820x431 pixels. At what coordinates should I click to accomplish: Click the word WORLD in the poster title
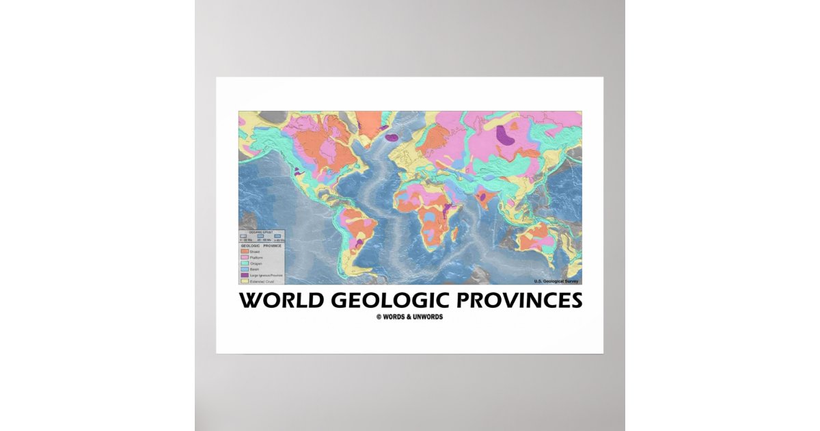point(277,300)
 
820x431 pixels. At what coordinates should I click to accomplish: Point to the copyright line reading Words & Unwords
point(409,317)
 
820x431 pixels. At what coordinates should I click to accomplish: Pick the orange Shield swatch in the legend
point(245,252)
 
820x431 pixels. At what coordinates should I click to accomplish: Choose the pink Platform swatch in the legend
point(245,258)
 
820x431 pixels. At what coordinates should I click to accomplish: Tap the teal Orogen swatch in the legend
point(245,263)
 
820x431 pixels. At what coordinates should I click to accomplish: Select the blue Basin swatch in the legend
point(245,270)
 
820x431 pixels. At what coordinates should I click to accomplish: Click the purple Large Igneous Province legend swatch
point(245,275)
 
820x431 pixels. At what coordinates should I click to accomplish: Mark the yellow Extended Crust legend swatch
point(245,280)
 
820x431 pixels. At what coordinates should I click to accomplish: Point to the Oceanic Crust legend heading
point(261,233)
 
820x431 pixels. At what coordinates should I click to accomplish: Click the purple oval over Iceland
point(392,138)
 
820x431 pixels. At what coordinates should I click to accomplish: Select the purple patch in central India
point(484,197)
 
